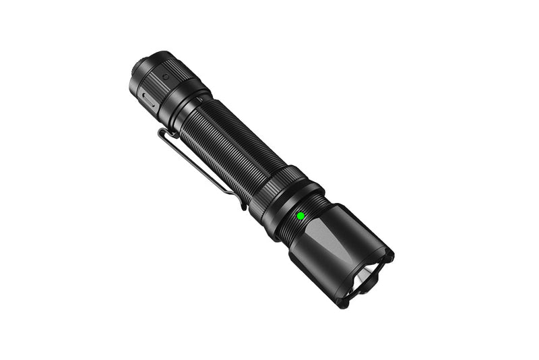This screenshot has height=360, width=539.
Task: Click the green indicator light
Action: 300,216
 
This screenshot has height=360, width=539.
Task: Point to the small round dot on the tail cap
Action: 166,78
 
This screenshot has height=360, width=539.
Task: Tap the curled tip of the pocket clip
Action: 241,203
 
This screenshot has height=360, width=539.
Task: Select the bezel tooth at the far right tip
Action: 389,257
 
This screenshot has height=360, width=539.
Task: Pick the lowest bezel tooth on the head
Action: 344,302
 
